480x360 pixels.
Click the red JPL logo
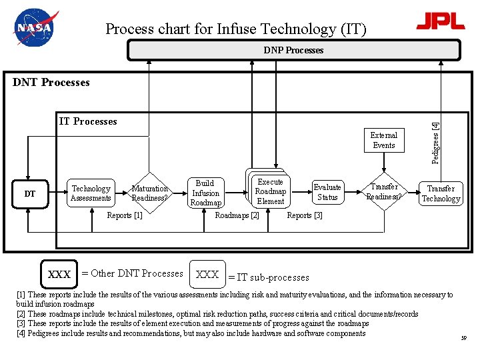440,21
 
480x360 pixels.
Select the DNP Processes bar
293,50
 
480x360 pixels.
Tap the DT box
30,194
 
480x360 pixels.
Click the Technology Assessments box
91,193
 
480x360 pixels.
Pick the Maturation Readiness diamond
149,193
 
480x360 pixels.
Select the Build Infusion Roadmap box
205,193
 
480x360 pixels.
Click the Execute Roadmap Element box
270,192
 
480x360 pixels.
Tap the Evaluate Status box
327,192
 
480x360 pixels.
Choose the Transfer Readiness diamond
384,192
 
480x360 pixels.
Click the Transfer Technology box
441,193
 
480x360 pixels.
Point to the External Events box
384,140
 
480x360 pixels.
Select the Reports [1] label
125,215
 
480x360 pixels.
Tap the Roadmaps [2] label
237,215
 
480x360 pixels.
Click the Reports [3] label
305,215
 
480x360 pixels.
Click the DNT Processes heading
51,83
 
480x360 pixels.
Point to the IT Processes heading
88,121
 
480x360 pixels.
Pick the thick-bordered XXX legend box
59,274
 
